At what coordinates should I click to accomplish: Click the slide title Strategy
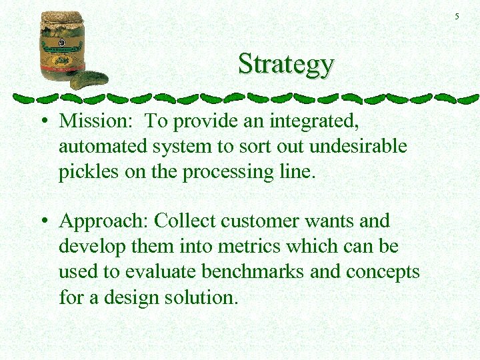(x=285, y=64)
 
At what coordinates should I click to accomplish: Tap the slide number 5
(x=457, y=16)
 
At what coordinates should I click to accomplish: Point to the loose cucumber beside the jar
(x=89, y=79)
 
